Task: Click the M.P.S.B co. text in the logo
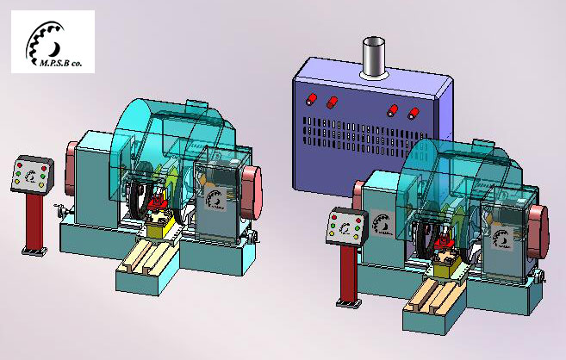click(x=60, y=63)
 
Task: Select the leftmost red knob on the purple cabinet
click(x=311, y=98)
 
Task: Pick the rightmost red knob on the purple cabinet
click(x=413, y=114)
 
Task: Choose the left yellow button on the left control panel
click(x=16, y=182)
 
